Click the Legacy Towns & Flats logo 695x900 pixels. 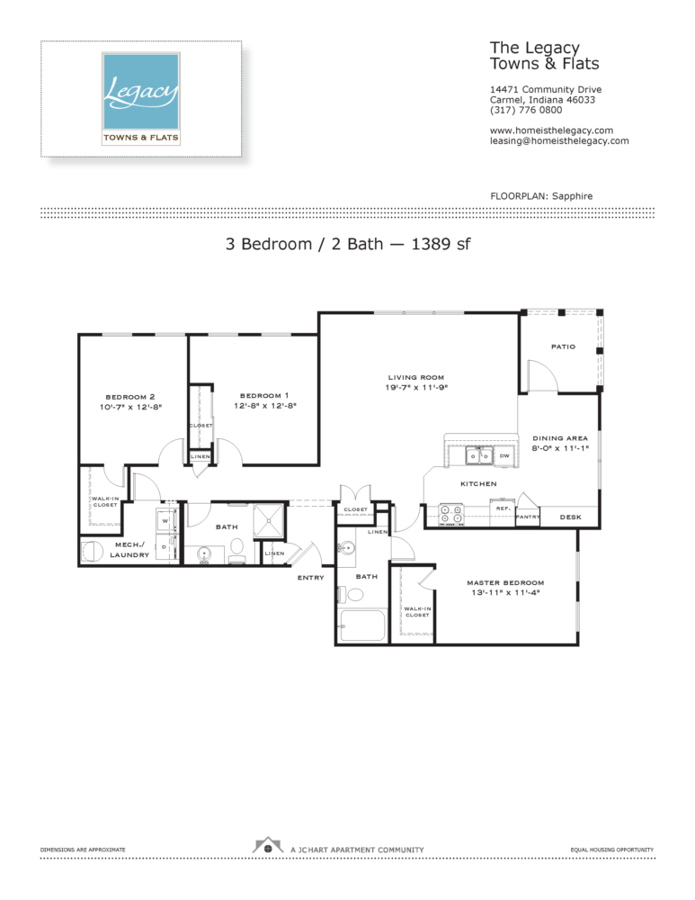[141, 98]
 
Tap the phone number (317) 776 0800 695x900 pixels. [526, 110]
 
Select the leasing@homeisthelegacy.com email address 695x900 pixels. [558, 141]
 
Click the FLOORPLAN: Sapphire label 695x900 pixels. [541, 195]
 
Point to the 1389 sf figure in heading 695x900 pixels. [441, 243]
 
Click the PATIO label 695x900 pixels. [563, 346]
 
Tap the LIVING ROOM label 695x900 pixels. [416, 377]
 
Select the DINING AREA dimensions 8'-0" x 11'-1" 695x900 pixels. [560, 448]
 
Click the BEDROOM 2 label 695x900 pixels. [130, 396]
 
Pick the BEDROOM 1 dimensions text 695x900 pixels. [264, 406]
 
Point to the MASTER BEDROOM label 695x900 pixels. [504, 582]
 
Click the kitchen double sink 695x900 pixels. [477, 456]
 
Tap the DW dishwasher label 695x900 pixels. [504, 456]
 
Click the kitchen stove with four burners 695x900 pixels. [450, 514]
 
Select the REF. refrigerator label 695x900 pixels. [502, 508]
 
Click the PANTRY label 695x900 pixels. [527, 517]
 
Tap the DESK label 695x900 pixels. [570, 517]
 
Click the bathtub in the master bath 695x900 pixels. [361, 625]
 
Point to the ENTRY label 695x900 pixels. [311, 577]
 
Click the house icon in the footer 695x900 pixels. [267, 846]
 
